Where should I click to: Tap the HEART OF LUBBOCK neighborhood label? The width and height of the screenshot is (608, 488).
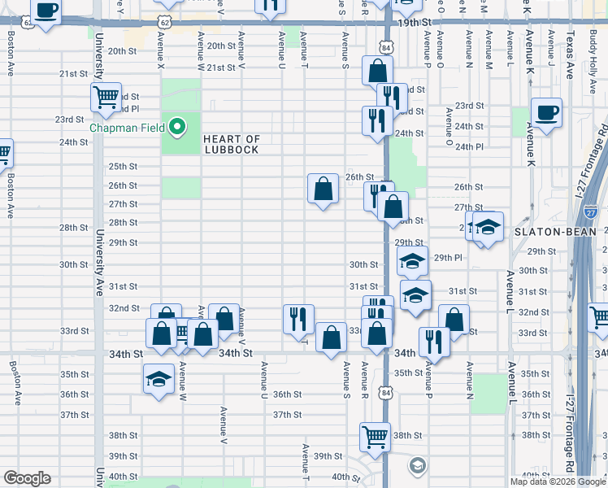pyautogui.click(x=232, y=145)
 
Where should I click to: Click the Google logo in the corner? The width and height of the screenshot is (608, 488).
pyautogui.click(x=27, y=478)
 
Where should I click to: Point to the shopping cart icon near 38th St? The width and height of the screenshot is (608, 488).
pyautogui.click(x=376, y=437)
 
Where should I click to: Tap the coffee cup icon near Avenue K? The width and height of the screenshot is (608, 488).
pyautogui.click(x=546, y=113)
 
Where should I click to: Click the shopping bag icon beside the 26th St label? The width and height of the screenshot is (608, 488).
pyautogui.click(x=323, y=189)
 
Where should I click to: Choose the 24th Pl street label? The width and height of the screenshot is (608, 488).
pyautogui.click(x=469, y=147)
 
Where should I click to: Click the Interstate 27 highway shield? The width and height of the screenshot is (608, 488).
pyautogui.click(x=591, y=212)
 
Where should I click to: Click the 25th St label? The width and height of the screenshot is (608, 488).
pyautogui.click(x=123, y=167)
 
